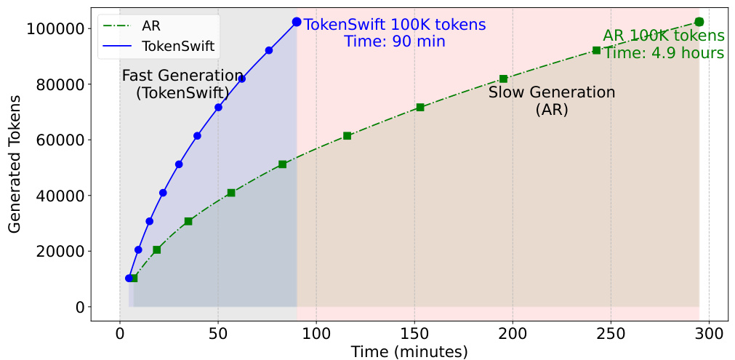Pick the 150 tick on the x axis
point(414,335)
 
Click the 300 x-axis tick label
point(709,335)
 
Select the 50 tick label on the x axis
point(217,335)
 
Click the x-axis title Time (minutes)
point(409,352)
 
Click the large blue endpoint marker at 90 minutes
point(297,23)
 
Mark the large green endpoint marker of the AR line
point(699,23)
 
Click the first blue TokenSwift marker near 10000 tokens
point(129,278)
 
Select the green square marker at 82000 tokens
point(503,79)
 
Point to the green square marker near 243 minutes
point(596,50)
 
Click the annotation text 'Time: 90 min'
point(394,41)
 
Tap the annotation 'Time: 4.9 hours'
point(664,53)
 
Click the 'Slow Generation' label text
point(551,92)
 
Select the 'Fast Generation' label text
point(182,75)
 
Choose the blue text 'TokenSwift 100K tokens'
point(395,25)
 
